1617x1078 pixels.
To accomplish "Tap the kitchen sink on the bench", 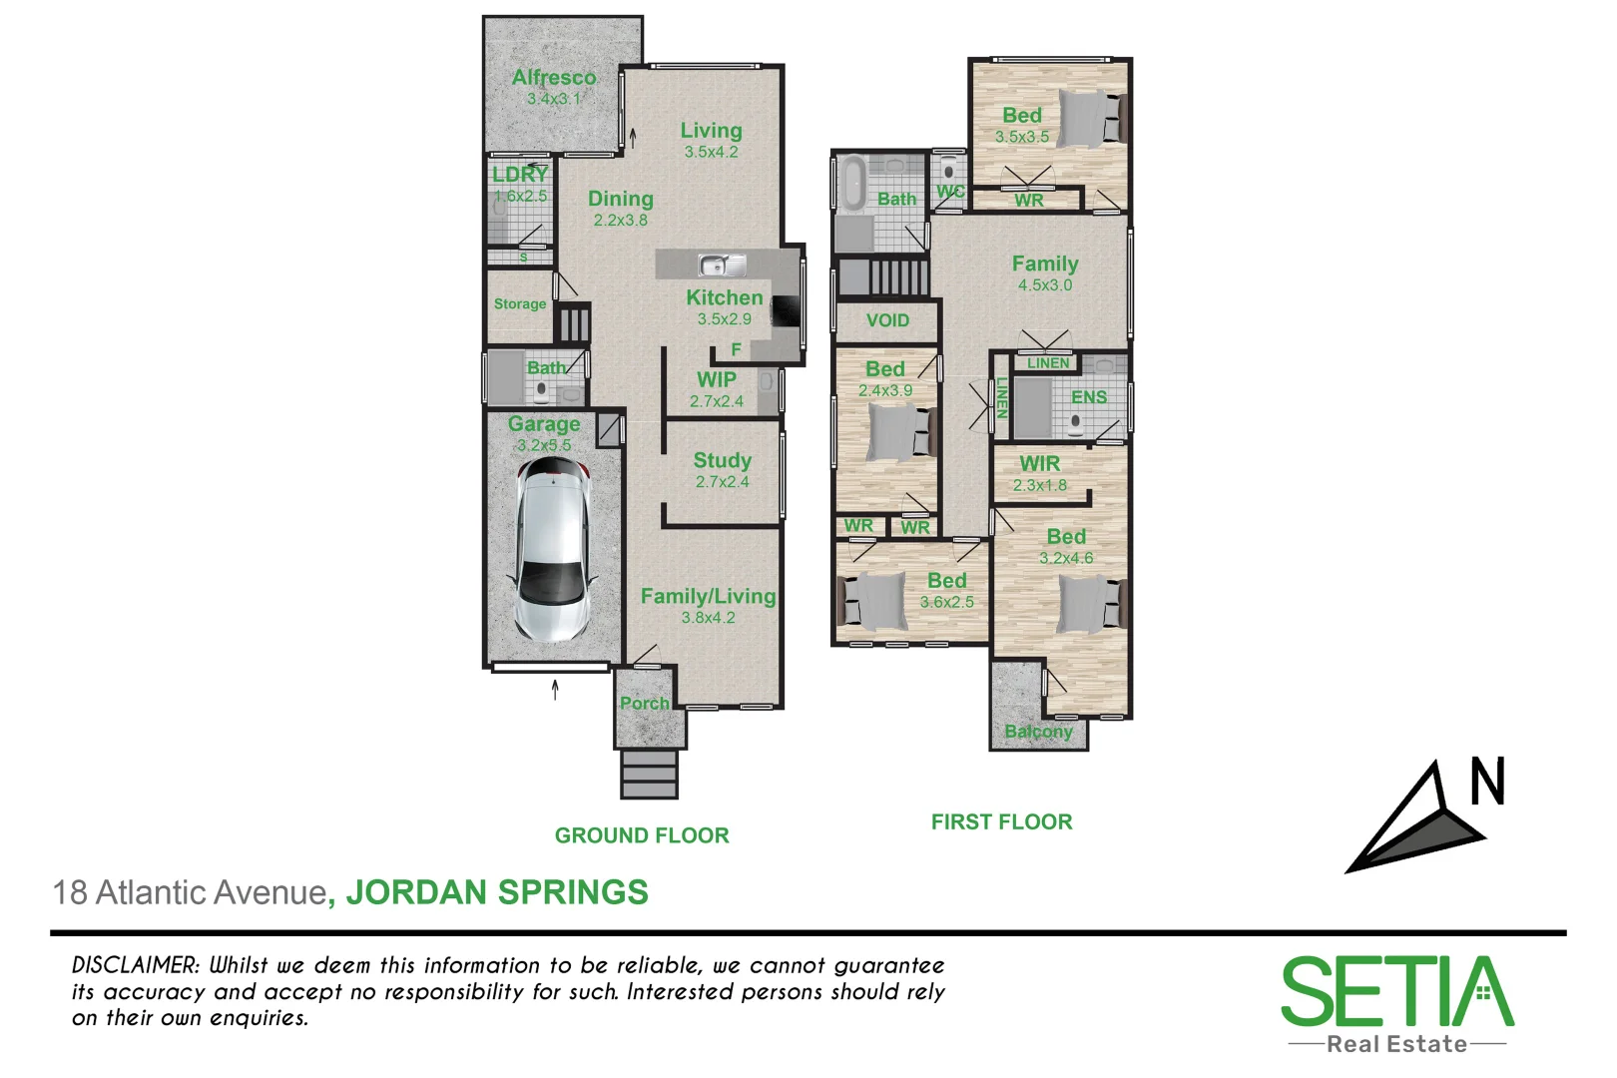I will pos(722,266).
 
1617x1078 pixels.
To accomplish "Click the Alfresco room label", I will pos(554,77).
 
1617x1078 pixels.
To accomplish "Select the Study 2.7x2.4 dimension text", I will pos(722,482).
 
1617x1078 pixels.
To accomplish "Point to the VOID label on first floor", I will pos(887,320).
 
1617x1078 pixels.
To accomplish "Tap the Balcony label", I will pos(1038,732).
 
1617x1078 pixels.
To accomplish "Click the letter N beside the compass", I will pos(1487,782).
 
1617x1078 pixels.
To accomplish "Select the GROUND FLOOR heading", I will pos(642,835).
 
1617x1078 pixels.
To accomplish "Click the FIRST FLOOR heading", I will pos(1001,821).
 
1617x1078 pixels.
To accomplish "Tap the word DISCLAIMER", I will pos(136,965).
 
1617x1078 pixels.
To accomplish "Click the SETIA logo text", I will pos(1396,992).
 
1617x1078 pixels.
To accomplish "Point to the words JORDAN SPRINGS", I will pos(497,892).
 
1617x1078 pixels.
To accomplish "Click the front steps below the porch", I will pos(649,774).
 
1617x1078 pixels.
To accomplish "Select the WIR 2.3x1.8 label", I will pos(1040,474).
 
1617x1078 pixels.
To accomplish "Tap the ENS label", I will pos(1088,397).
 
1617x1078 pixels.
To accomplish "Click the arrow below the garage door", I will pos(555,689).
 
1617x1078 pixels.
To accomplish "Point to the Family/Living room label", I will pos(708,596).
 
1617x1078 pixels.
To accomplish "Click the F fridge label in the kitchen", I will pos(736,349).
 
